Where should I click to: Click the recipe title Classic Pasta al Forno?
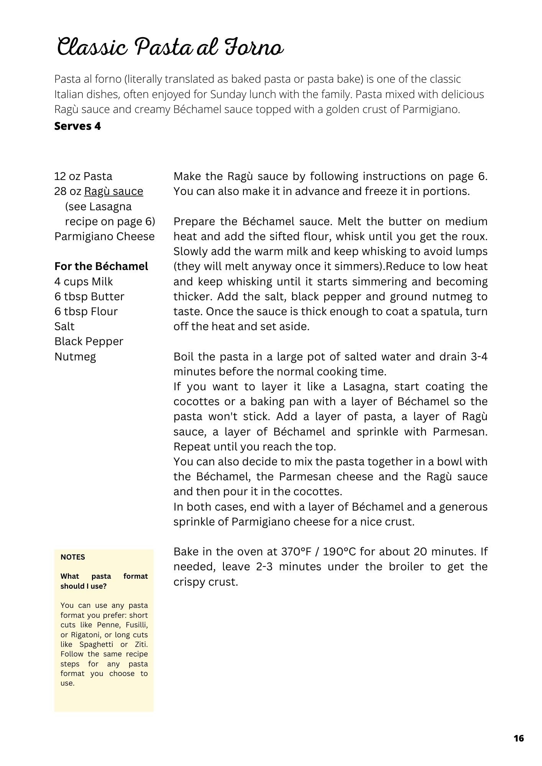tap(171, 48)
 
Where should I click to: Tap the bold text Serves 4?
tap(77, 126)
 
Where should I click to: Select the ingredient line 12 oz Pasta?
tap(83, 177)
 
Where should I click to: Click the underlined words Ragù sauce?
tap(113, 191)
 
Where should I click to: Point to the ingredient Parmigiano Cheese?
tap(104, 237)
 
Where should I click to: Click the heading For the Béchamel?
tap(101, 267)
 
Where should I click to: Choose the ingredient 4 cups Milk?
tap(83, 282)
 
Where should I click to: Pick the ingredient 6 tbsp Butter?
tap(89, 297)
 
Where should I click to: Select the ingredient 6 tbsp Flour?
tap(86, 312)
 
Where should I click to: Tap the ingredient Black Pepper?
tap(89, 342)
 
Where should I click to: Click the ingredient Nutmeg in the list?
tap(75, 357)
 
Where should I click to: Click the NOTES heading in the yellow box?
tap(73, 557)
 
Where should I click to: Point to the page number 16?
tap(519, 738)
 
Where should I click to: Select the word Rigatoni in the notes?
tap(86, 635)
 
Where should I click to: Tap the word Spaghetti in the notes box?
tap(96, 644)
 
